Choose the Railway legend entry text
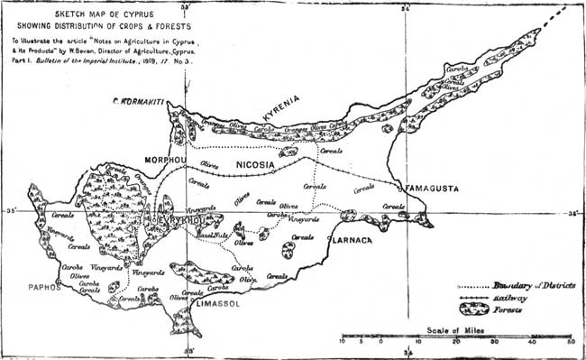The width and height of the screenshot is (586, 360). click(510, 297)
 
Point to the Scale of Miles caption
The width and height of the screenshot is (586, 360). click(456, 331)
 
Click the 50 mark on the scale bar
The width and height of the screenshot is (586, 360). click(570, 342)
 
